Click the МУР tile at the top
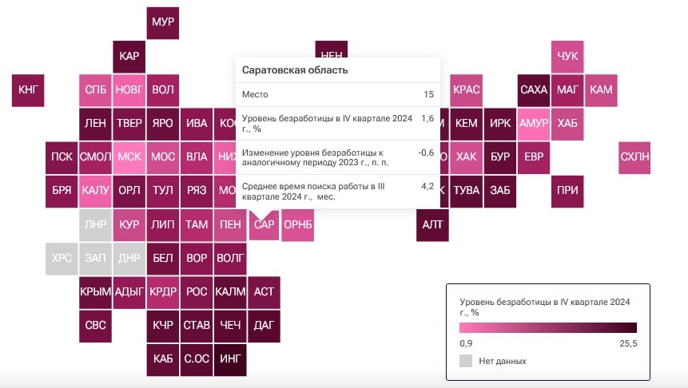[162, 22]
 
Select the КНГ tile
[28, 89]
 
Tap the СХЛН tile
[634, 156]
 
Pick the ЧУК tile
[567, 56]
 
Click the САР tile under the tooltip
[264, 224]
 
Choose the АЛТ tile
[431, 224]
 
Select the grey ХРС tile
[62, 258]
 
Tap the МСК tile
[129, 156]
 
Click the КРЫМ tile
[95, 292]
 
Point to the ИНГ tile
[230, 359]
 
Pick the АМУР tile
[533, 123]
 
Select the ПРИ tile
[567, 191]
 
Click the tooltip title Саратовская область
[295, 70]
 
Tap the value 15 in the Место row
[428, 94]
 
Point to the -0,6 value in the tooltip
[426, 152]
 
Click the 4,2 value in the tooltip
[427, 186]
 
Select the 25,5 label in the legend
[627, 343]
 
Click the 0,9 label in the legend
[467, 343]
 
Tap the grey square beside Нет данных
[467, 361]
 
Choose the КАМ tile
[601, 89]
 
